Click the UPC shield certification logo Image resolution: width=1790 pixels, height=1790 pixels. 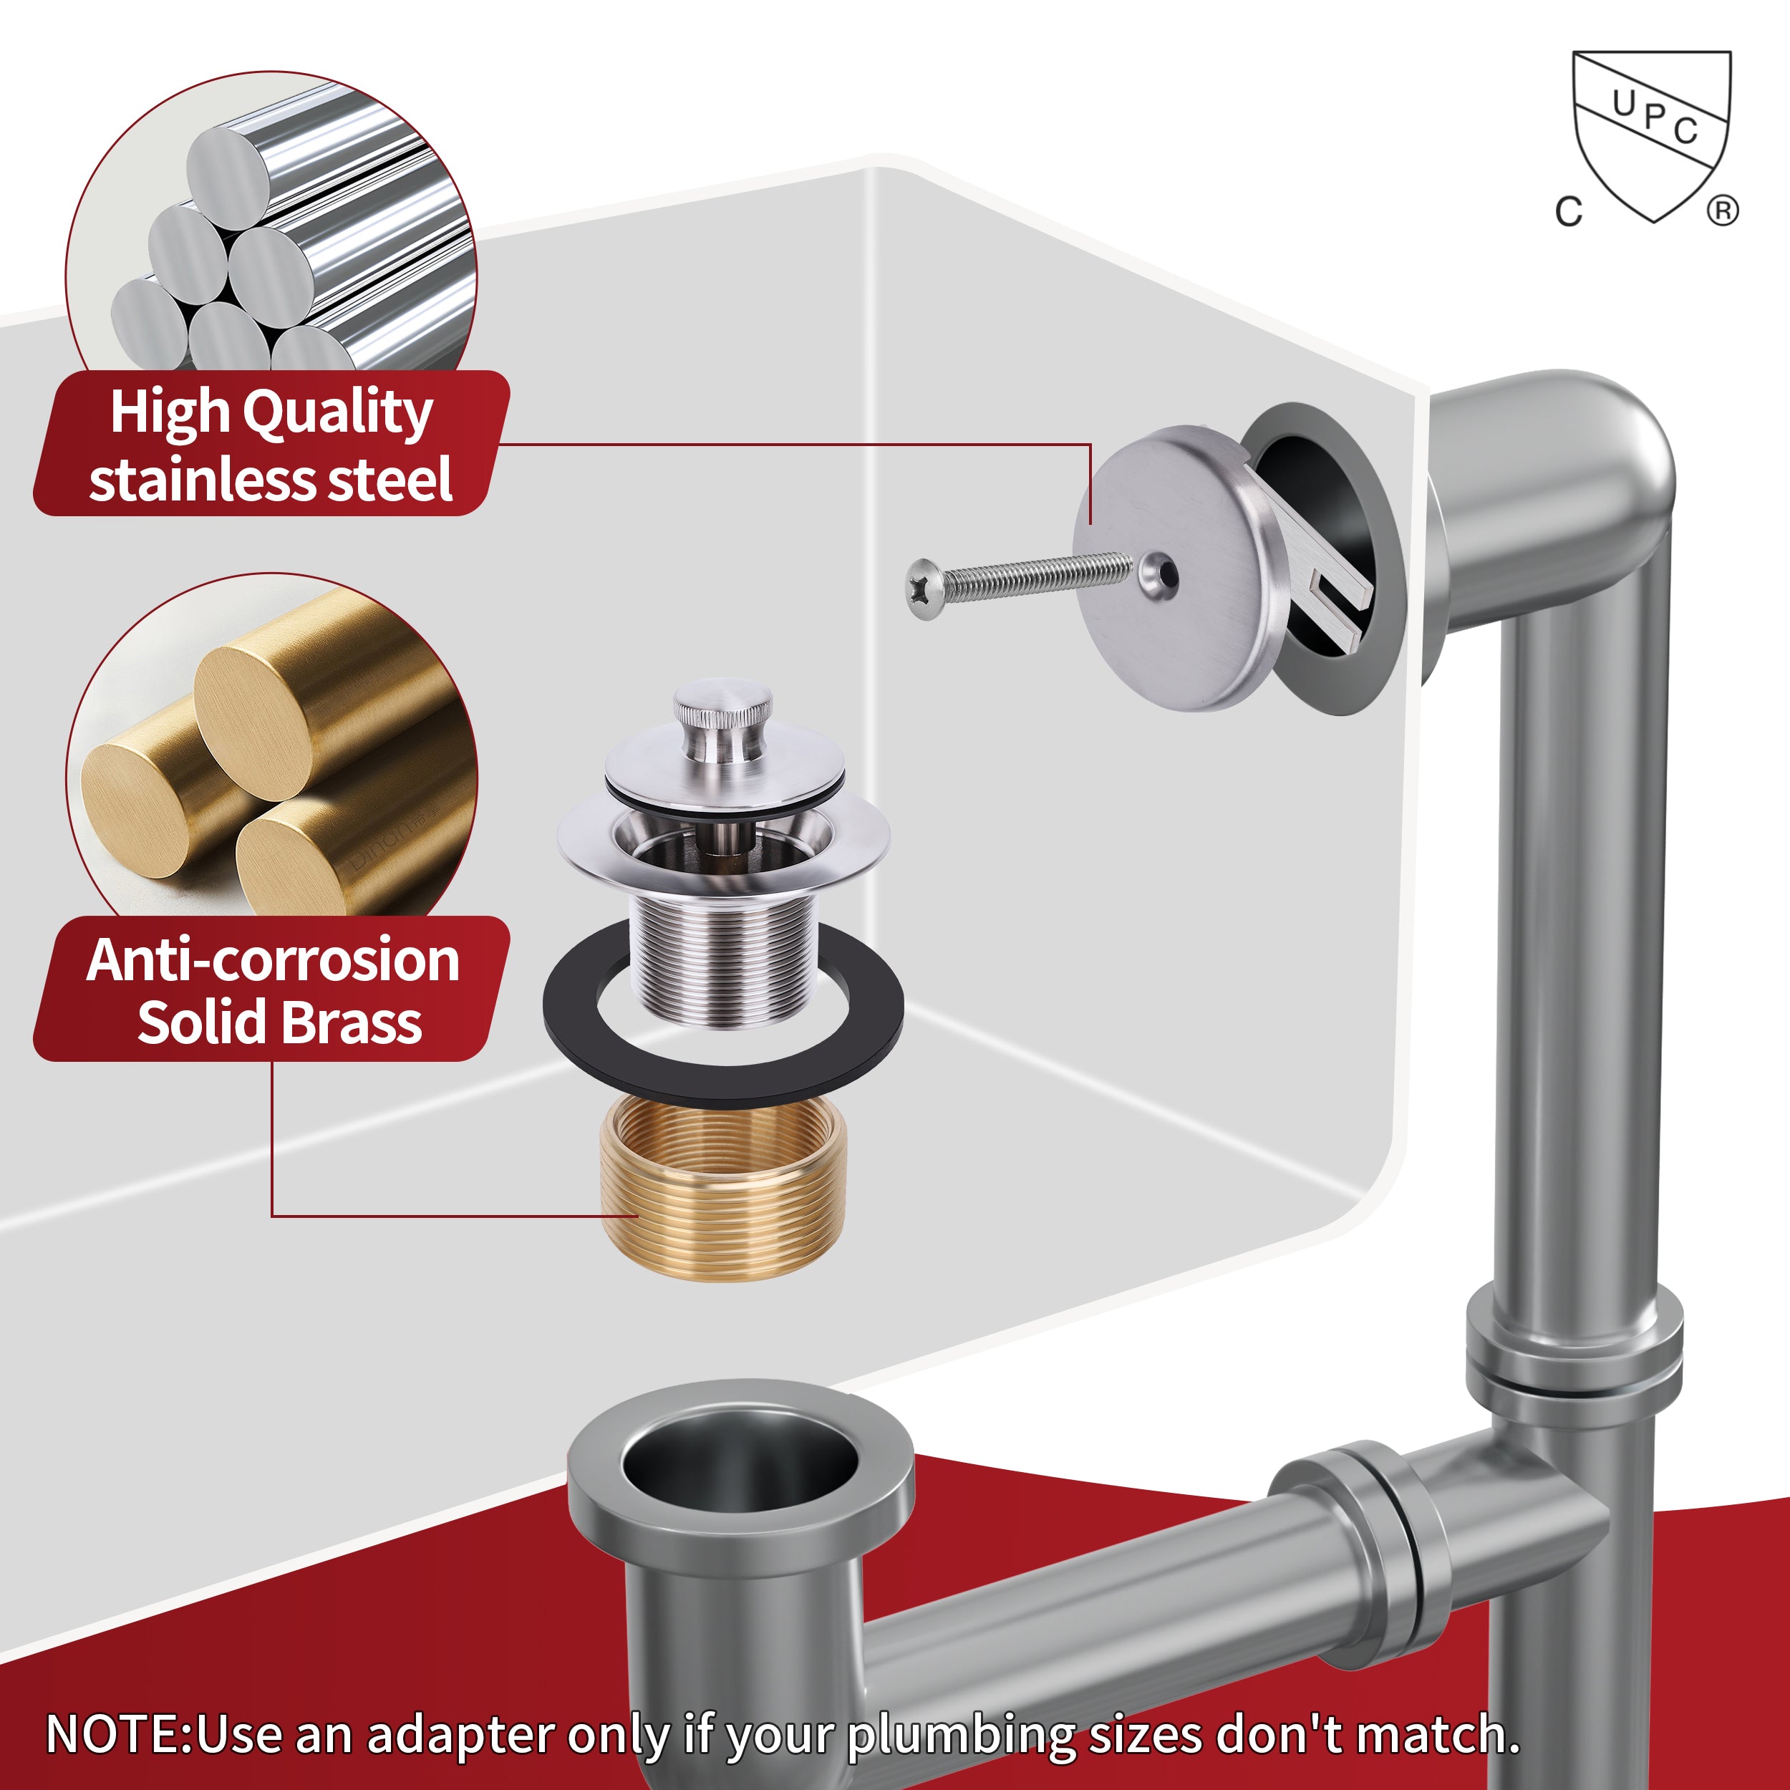point(1652,135)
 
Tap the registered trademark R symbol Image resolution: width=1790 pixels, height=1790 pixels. point(1723,211)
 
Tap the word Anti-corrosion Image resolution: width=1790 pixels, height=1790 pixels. point(274,961)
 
